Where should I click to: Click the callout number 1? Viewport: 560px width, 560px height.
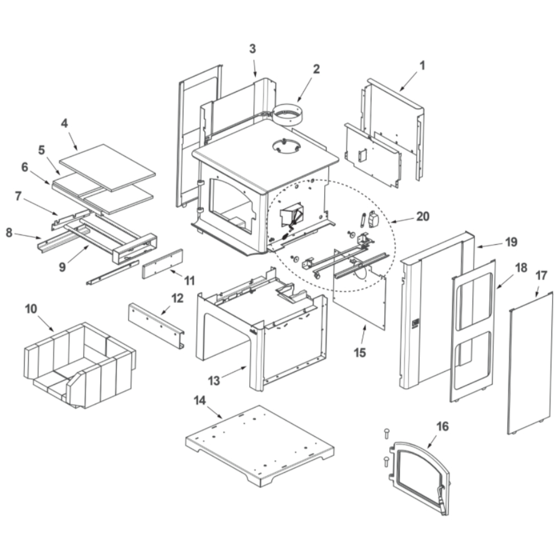pyautogui.click(x=422, y=66)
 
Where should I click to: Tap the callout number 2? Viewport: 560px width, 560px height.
pyautogui.click(x=316, y=69)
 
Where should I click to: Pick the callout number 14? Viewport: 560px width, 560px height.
pyautogui.click(x=199, y=400)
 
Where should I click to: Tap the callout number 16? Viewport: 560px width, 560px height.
pyautogui.click(x=442, y=427)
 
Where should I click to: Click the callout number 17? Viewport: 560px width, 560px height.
pyautogui.click(x=541, y=276)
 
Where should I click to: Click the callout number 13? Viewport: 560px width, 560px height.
pyautogui.click(x=213, y=381)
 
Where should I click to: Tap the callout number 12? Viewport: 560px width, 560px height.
pyautogui.click(x=178, y=298)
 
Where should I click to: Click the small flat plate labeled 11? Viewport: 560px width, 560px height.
pyautogui.click(x=162, y=264)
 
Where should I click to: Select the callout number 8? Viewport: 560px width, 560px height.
pyautogui.click(x=9, y=232)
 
